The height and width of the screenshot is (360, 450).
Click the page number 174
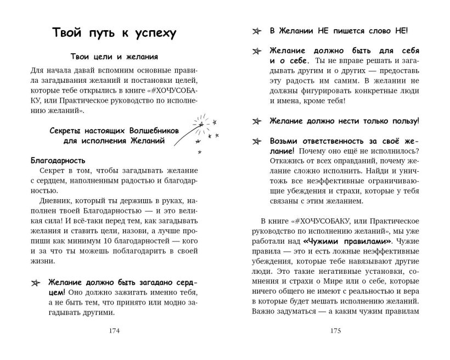click(115, 331)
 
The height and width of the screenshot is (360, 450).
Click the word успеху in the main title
click(150, 33)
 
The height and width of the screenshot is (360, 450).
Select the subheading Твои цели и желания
click(115, 57)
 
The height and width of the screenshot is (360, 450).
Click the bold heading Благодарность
click(58, 161)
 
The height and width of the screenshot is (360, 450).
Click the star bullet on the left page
click(36, 283)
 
